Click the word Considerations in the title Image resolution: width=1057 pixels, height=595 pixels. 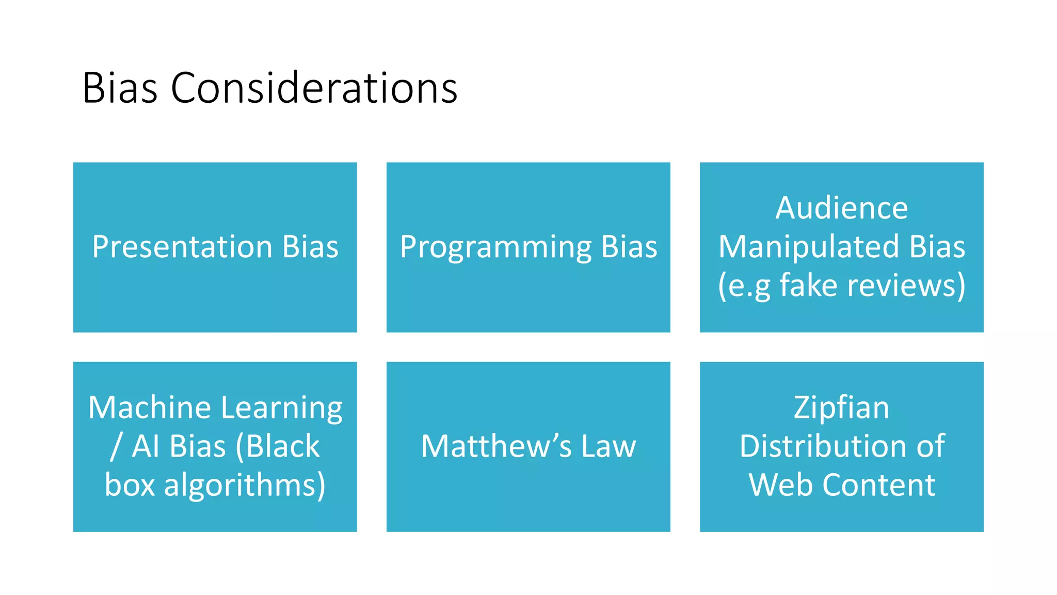(x=314, y=88)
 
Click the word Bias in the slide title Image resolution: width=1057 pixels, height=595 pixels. (x=120, y=88)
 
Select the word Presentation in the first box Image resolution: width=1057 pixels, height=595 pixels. (x=182, y=246)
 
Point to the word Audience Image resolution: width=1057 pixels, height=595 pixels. (x=841, y=208)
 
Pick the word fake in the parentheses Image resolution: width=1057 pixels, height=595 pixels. (x=808, y=285)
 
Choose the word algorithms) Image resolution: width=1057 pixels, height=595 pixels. (x=245, y=486)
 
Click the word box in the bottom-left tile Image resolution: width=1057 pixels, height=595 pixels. (x=130, y=486)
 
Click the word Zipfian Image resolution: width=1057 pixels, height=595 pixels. (x=841, y=409)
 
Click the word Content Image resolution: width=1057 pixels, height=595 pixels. (x=878, y=485)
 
